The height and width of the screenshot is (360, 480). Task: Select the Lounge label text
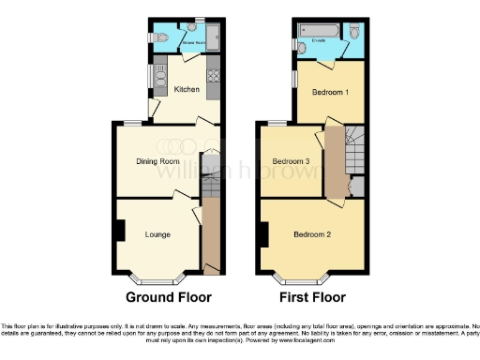tap(157, 233)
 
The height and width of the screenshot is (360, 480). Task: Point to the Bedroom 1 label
tap(331, 93)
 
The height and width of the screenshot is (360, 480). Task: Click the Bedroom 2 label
tap(310, 233)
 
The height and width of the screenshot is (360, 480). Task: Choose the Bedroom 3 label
tap(291, 161)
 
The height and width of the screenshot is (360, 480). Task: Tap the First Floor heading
tap(314, 297)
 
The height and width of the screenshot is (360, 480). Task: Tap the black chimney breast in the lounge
tap(119, 231)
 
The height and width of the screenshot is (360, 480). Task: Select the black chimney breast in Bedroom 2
tap(265, 231)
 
